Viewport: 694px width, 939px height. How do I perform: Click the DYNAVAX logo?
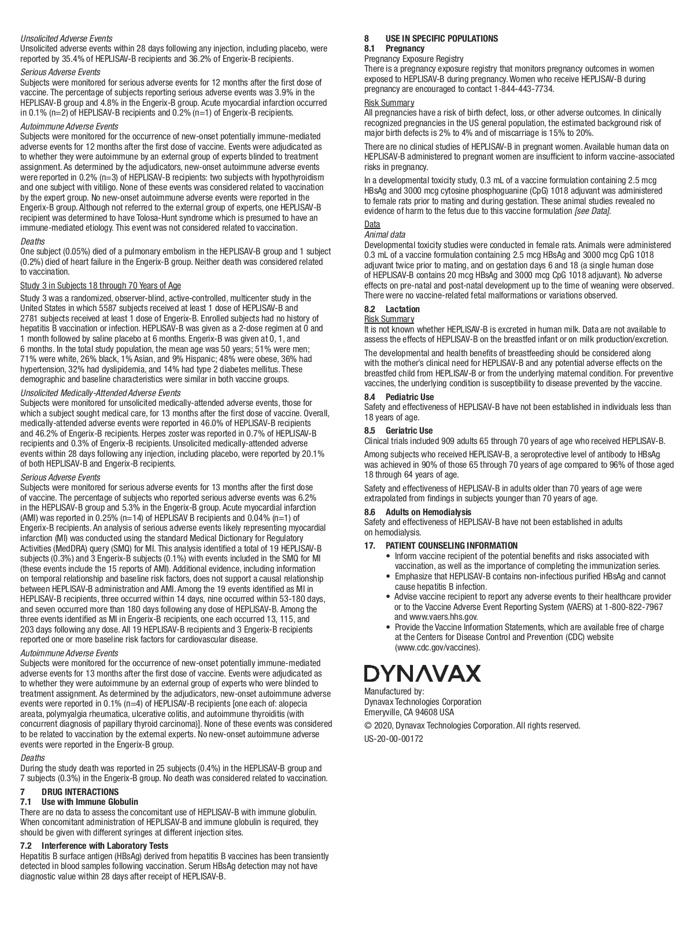coord(422,674)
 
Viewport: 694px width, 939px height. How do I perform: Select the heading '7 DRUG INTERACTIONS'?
coord(69,792)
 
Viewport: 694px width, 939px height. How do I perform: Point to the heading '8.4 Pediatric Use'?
coord(398,397)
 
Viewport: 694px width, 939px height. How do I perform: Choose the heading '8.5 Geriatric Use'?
coord(398,431)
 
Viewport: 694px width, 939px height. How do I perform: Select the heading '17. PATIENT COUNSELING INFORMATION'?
coord(441,545)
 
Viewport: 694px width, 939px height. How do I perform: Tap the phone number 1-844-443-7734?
coord(523,89)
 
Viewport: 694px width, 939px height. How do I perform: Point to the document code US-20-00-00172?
coord(394,739)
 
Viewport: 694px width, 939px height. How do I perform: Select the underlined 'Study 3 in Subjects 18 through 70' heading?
coord(101,286)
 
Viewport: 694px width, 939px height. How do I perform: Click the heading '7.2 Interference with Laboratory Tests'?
coord(94,846)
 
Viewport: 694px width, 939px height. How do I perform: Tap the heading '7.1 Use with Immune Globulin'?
coord(79,801)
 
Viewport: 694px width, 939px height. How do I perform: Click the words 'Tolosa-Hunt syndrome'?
coord(178,218)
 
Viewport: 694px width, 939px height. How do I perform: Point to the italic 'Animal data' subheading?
coord(385,235)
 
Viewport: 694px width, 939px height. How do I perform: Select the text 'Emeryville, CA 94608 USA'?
coord(409,712)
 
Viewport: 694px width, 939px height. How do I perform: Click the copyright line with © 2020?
coord(472,726)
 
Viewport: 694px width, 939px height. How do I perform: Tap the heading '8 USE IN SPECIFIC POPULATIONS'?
coord(431,39)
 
